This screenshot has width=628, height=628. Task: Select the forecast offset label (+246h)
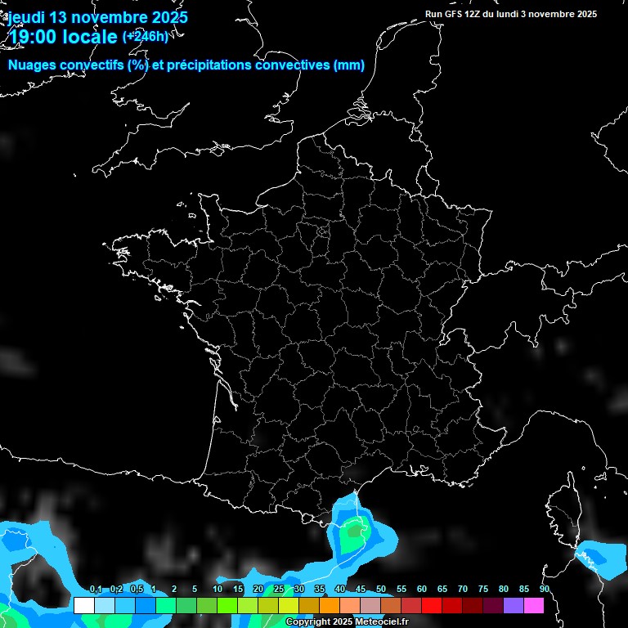tap(146, 36)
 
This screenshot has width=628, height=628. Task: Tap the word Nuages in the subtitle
tap(32, 65)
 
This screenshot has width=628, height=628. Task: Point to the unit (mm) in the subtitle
tap(349, 65)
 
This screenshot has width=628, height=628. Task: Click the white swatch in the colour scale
tap(83, 606)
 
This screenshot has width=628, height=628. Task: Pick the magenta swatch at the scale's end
tap(534, 606)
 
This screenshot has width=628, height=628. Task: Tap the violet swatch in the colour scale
tap(514, 606)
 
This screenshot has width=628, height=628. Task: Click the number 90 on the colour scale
tap(545, 590)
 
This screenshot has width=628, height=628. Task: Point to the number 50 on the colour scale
tap(381, 590)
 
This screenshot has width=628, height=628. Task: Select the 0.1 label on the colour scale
tap(96, 590)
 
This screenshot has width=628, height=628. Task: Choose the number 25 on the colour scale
tap(279, 590)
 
